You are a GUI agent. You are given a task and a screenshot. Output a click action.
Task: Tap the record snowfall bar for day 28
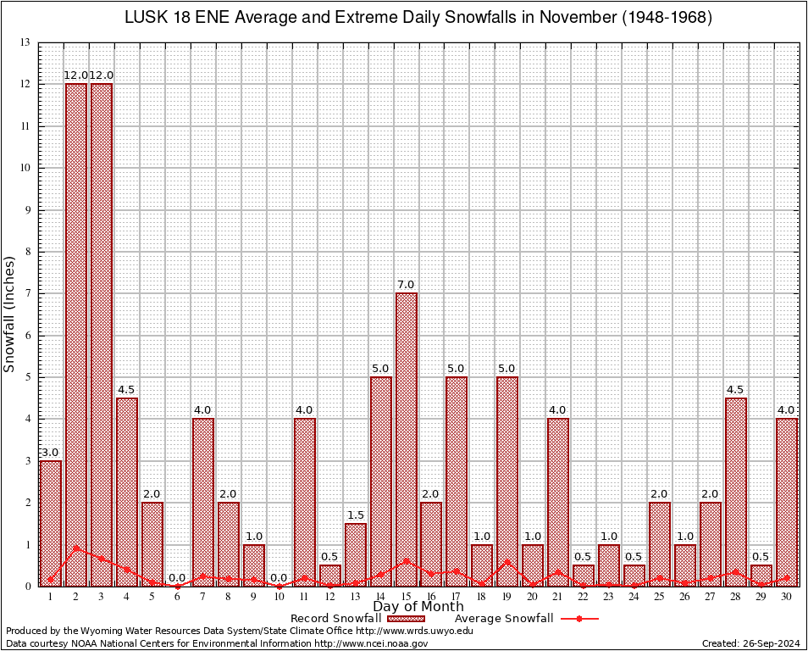pyautogui.click(x=736, y=492)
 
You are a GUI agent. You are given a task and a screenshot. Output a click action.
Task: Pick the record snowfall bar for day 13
pyautogui.click(x=356, y=554)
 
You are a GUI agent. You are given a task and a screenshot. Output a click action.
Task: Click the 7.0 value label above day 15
pyautogui.click(x=406, y=284)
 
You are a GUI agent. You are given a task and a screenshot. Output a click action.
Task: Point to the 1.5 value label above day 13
pyautogui.click(x=356, y=515)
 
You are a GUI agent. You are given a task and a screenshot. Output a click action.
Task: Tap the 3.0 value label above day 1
pyautogui.click(x=50, y=453)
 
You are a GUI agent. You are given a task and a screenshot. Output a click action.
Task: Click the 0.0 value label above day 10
pyautogui.click(x=279, y=578)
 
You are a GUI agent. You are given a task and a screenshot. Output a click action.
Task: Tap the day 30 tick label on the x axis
pyautogui.click(x=787, y=597)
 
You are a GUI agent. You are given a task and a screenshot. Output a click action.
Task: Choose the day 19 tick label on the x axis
pyautogui.click(x=507, y=597)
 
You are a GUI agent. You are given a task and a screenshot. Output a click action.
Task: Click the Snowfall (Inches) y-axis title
pyautogui.click(x=10, y=314)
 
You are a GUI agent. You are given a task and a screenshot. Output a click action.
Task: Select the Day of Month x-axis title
pyautogui.click(x=418, y=607)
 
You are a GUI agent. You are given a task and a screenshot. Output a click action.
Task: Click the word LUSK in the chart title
pyautogui.click(x=147, y=18)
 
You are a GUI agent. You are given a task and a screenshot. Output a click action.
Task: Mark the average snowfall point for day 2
pyautogui.click(x=76, y=548)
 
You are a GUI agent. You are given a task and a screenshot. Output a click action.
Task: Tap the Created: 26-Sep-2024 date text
pyautogui.click(x=750, y=643)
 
